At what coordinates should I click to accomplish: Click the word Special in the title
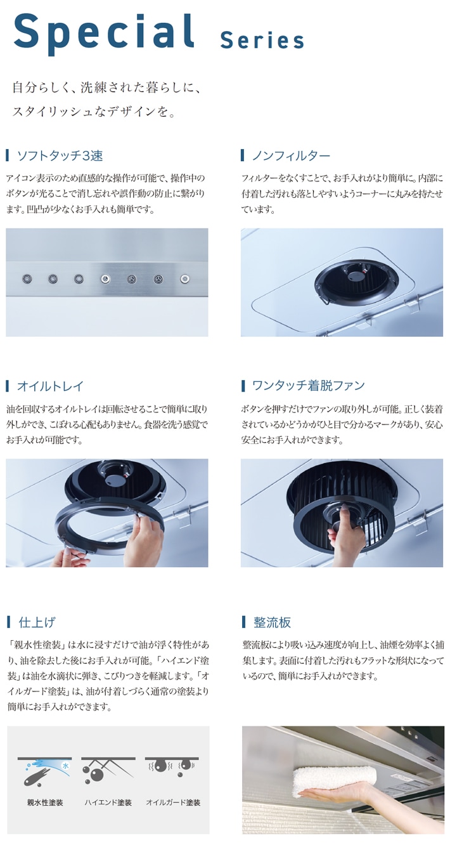coord(104,33)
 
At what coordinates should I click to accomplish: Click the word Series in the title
coord(262,41)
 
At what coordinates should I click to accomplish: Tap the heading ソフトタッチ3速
coord(60,155)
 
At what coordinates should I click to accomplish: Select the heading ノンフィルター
coord(291,155)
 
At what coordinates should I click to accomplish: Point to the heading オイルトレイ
coord(50,386)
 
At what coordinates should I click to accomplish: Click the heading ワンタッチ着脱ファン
coord(309,386)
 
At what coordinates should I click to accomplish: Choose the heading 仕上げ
coord(37,622)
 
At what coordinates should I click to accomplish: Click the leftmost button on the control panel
coord(27,279)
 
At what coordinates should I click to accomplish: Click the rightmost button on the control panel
coord(184,279)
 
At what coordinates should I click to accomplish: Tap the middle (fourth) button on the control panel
coord(106,279)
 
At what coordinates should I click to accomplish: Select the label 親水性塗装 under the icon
coord(45,803)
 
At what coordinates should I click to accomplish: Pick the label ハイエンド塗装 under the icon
coord(108,803)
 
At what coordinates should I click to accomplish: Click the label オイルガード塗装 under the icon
coord(173,803)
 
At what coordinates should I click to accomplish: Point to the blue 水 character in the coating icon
coord(65,766)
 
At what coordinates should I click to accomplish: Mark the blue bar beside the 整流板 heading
coord(243,622)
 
